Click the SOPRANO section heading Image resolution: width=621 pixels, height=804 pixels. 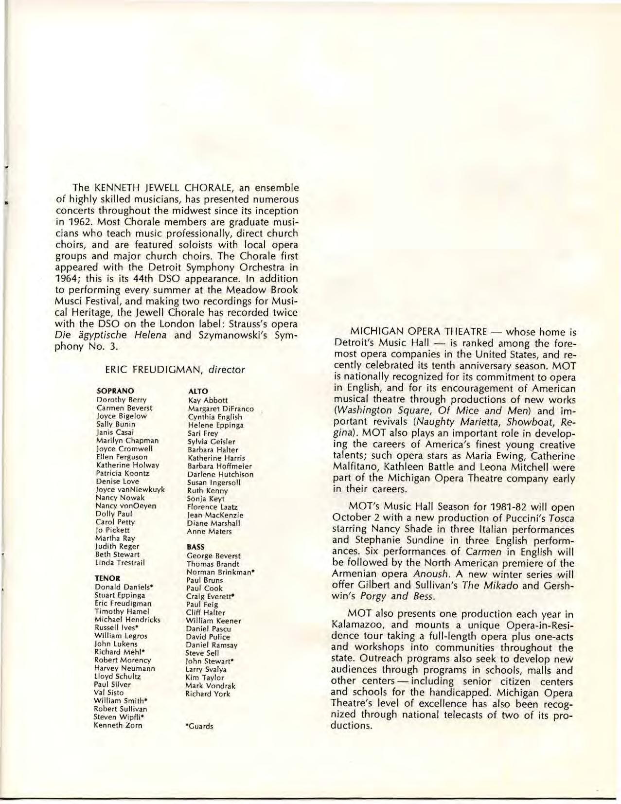115,391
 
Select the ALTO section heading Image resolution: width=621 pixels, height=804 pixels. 198,391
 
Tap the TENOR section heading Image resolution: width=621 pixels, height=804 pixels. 107,579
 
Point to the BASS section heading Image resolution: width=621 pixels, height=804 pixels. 196,547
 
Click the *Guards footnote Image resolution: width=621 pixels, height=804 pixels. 199,726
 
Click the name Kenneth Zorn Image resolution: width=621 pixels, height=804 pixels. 118,725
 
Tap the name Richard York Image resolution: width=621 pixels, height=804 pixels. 208,694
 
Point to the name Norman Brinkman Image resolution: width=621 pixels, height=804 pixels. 221,572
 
